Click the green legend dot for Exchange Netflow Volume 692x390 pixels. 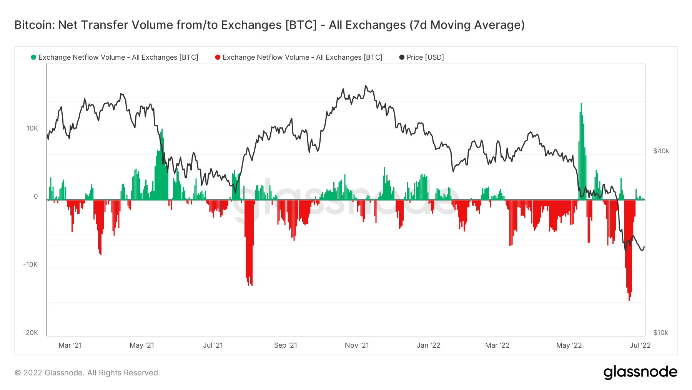tap(33, 57)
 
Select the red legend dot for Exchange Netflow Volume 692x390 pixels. tap(218, 57)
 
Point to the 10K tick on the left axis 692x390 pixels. tap(32, 128)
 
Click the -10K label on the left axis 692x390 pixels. tap(31, 264)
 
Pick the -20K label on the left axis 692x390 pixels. tap(30, 333)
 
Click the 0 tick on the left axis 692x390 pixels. tap(36, 196)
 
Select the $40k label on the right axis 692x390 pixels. tap(661, 151)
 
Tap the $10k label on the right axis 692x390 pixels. tap(660, 333)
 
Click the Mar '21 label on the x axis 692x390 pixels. tap(70, 345)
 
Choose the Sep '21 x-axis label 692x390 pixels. tap(285, 345)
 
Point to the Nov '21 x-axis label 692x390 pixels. tap(357, 345)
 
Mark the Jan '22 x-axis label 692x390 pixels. tap(428, 345)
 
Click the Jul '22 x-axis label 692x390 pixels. tap(640, 345)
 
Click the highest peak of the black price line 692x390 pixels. tap(366, 86)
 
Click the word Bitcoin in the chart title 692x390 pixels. tap(34, 25)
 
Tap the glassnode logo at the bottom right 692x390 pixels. tap(640, 372)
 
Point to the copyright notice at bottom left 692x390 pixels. tap(87, 373)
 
